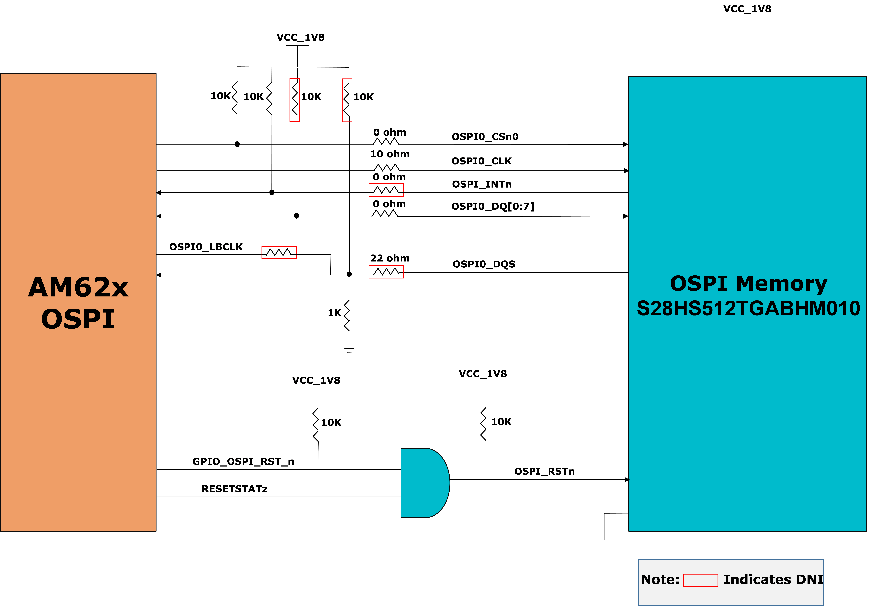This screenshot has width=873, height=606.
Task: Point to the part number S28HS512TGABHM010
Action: tap(748, 308)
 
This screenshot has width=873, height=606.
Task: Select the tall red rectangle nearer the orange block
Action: tap(295, 100)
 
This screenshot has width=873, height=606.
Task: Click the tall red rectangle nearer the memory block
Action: tap(347, 100)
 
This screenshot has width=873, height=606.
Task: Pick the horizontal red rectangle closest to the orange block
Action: tap(279, 252)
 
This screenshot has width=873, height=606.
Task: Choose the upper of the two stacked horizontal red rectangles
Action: tap(386, 190)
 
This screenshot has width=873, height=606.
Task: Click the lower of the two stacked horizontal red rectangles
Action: tap(386, 272)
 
